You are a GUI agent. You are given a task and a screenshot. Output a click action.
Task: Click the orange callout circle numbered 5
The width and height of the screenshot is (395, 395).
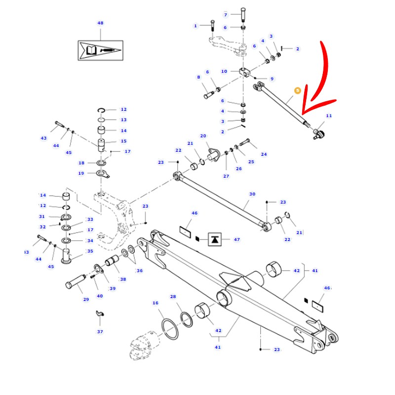(x=297, y=91)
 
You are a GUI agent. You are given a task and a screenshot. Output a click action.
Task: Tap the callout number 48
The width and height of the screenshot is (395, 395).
(x=100, y=23)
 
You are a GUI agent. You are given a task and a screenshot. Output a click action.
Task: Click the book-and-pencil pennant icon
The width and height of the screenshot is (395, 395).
(x=100, y=50)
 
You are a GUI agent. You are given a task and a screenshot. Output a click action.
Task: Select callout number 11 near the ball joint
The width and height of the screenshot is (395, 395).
(x=329, y=116)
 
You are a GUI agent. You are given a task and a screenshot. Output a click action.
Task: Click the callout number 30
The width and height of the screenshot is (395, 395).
(x=252, y=194)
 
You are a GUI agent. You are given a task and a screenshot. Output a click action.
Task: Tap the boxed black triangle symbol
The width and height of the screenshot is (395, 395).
(x=215, y=239)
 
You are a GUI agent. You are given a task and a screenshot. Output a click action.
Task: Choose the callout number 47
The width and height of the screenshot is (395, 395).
(x=237, y=239)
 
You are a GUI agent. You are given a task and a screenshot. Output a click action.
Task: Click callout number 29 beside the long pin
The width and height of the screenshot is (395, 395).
(x=86, y=300)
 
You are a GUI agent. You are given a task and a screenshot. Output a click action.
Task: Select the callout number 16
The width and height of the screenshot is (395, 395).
(x=156, y=303)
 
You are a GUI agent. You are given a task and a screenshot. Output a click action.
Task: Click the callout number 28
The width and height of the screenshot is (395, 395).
(x=173, y=297)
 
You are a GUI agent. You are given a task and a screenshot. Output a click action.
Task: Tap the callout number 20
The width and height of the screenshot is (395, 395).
(x=203, y=136)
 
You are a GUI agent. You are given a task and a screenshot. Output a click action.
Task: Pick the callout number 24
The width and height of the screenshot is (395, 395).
(x=264, y=154)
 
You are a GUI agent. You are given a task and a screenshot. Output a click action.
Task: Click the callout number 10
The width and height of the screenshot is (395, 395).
(x=224, y=72)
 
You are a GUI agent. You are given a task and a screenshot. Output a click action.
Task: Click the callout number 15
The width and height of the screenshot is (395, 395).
(x=123, y=141)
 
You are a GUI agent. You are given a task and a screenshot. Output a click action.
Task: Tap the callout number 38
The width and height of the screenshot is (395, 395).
(x=122, y=279)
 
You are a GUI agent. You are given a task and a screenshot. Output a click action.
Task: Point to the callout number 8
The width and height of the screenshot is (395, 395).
(x=198, y=77)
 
